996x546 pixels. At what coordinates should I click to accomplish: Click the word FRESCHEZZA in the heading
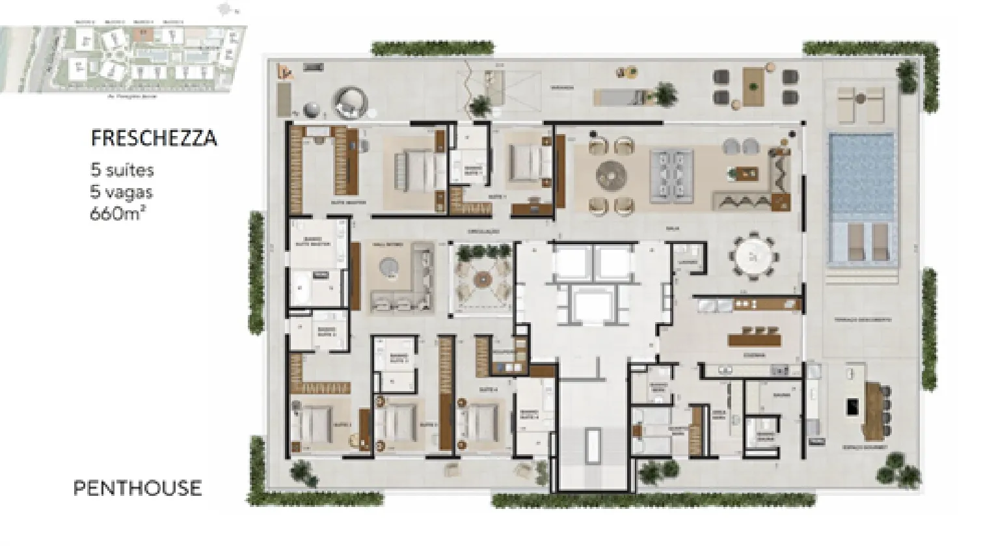click(x=154, y=139)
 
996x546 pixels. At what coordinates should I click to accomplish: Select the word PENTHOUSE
click(x=137, y=488)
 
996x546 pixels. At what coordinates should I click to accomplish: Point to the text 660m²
click(x=117, y=212)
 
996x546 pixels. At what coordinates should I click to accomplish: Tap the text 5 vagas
click(x=122, y=191)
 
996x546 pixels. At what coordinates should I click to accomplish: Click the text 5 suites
click(x=122, y=171)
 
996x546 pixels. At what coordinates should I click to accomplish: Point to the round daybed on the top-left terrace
click(x=350, y=102)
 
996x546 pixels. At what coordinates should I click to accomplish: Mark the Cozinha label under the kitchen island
click(x=755, y=356)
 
